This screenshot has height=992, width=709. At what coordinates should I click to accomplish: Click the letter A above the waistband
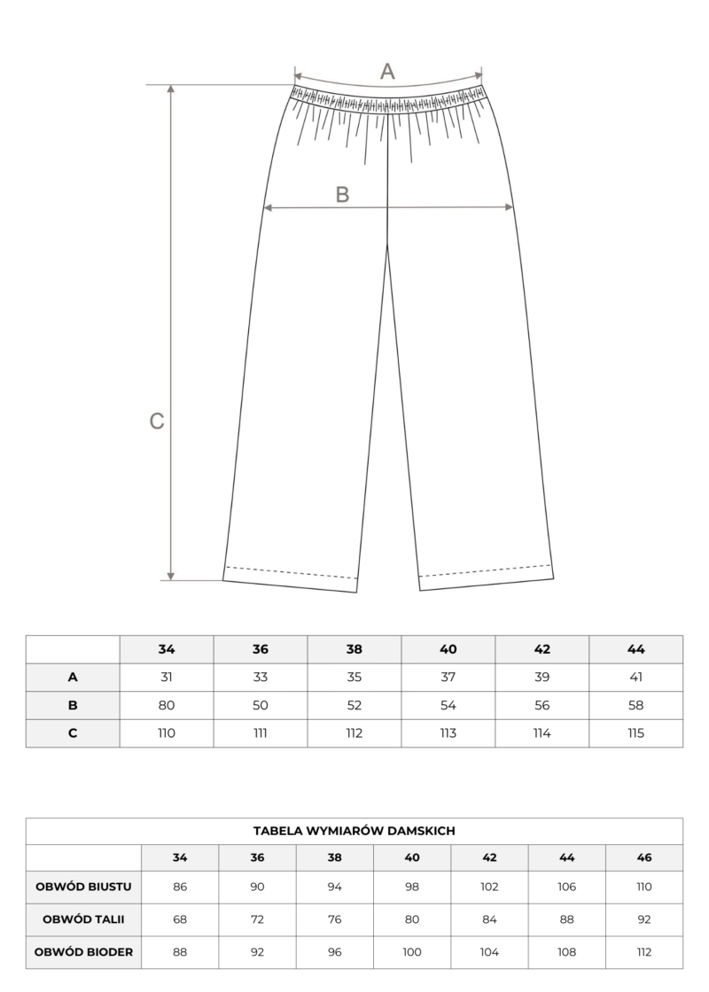tap(387, 72)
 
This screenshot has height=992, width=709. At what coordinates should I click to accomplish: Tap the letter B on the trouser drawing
tap(343, 195)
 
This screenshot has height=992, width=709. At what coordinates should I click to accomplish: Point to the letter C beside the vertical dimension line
tap(157, 422)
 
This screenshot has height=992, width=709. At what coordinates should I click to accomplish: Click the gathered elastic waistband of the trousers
tap(388, 98)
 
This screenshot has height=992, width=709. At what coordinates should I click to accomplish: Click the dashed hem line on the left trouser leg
tap(291, 571)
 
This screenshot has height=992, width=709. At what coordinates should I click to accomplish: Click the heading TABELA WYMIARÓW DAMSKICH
tap(354, 831)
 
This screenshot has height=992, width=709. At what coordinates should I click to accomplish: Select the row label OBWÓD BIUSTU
tap(84, 886)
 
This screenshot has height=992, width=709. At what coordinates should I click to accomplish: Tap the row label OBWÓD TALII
tap(84, 918)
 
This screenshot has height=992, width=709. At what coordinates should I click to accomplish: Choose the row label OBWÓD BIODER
tap(84, 952)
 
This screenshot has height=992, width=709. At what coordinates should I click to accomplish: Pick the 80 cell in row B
tap(167, 705)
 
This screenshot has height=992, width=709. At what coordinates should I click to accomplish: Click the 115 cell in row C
tap(635, 732)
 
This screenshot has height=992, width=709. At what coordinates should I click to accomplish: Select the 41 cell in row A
tap(635, 677)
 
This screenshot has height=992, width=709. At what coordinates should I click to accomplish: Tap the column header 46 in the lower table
tap(644, 857)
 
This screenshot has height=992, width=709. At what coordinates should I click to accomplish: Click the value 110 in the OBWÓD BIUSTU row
tap(644, 886)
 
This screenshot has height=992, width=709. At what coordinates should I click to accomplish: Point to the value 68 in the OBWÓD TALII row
tap(180, 918)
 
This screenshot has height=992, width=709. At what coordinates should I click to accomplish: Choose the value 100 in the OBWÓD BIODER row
tap(412, 952)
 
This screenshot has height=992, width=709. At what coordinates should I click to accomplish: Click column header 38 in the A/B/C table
tap(354, 649)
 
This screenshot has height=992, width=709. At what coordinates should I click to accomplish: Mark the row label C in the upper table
tap(73, 732)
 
